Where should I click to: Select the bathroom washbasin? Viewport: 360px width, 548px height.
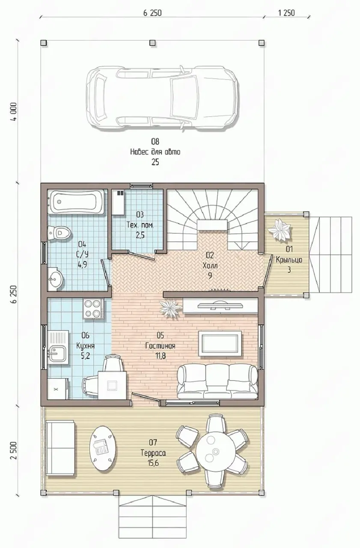pos(56,279)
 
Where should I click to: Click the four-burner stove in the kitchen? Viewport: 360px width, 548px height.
pos(93,308)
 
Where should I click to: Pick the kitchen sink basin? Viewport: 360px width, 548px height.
pos(58,354)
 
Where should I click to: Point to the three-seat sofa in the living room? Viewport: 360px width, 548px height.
pos(217,381)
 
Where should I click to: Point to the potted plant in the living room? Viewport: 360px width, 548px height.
pos(171,309)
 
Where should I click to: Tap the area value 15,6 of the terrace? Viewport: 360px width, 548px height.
pos(153,463)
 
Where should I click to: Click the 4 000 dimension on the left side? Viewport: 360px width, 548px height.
pos(15,112)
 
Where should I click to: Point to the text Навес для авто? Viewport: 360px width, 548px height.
pos(155,152)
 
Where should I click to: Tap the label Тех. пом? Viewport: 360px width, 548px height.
pos(140,225)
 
